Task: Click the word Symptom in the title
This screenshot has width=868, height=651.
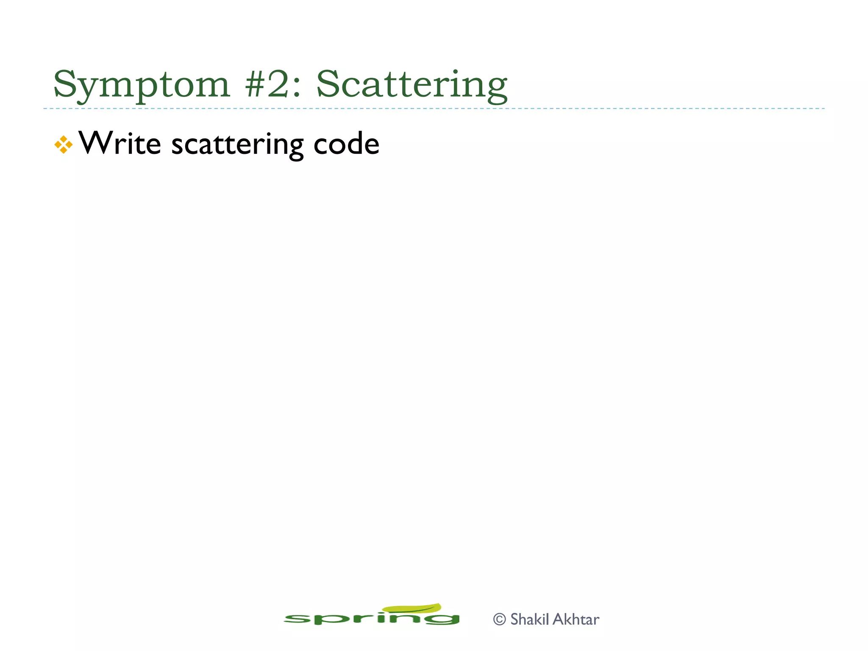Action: click(x=141, y=85)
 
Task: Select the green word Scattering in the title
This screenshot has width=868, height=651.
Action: click(x=412, y=85)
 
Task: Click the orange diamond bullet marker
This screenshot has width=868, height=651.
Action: click(x=64, y=145)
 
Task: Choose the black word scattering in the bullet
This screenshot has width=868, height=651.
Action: click(x=237, y=145)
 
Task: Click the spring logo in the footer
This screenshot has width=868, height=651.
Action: click(x=371, y=617)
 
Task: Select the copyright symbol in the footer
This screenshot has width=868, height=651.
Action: click(x=500, y=620)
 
